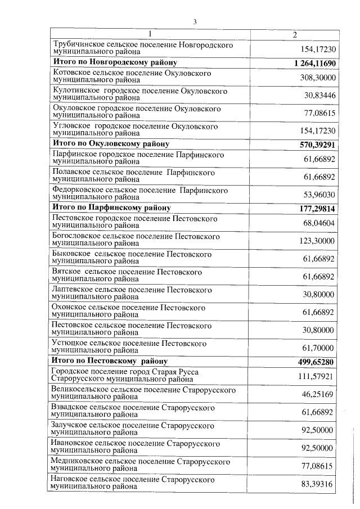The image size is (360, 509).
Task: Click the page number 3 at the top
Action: (194, 22)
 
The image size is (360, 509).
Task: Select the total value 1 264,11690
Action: (314, 62)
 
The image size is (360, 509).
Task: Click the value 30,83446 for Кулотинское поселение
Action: (319, 95)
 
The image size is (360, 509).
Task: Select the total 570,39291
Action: (318, 144)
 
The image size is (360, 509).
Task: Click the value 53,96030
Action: (319, 194)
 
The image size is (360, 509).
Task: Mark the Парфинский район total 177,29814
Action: (318, 209)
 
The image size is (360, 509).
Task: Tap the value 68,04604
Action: (319, 223)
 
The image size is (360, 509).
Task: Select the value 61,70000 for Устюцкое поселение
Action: (319, 348)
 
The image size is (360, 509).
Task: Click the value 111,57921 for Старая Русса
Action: (317, 376)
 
